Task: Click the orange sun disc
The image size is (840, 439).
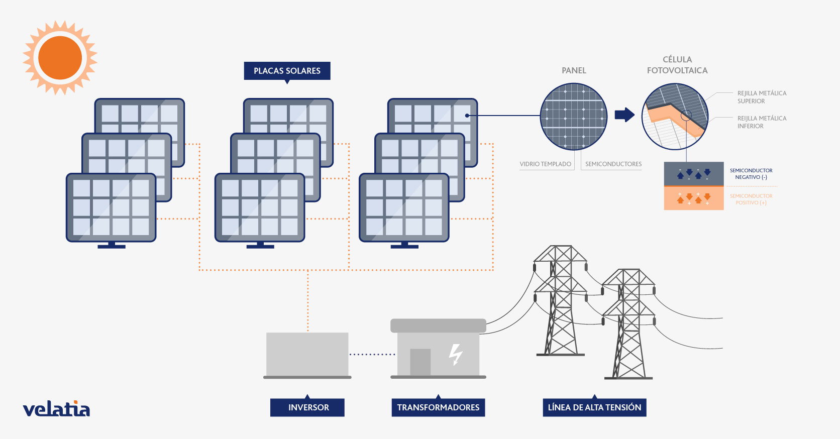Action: (x=60, y=58)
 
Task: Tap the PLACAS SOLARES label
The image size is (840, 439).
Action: (x=287, y=71)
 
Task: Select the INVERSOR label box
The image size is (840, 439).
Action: (x=307, y=407)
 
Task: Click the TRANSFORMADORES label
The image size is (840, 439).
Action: (x=439, y=407)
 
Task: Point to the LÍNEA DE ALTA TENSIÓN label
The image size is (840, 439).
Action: (x=594, y=407)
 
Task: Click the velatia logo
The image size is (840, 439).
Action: (x=56, y=409)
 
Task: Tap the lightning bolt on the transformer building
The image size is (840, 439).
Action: (x=456, y=355)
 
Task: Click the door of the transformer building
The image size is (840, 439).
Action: (x=421, y=362)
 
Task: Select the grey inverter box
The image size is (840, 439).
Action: (x=307, y=354)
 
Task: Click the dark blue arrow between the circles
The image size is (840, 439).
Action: (x=624, y=115)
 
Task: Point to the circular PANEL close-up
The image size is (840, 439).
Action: (x=574, y=117)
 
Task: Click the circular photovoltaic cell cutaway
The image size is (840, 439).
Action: (x=675, y=117)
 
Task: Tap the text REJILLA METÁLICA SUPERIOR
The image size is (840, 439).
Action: (x=762, y=97)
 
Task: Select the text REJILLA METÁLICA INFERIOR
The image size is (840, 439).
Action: (x=762, y=122)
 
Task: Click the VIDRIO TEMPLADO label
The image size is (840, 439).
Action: (x=545, y=164)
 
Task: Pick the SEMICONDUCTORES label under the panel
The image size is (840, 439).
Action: (x=613, y=164)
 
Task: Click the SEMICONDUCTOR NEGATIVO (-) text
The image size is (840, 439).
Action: (x=751, y=174)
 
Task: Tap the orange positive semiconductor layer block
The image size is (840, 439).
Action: (x=694, y=198)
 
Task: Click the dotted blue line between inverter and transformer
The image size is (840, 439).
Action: (x=372, y=354)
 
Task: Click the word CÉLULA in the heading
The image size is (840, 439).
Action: (x=677, y=59)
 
